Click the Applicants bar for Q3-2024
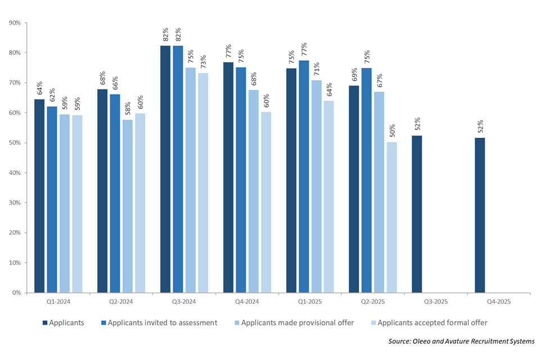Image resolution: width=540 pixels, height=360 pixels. pyautogui.click(x=165, y=169)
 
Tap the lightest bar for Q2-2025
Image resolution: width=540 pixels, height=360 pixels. pyautogui.click(x=391, y=217)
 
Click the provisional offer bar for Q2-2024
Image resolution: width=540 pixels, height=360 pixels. pyautogui.click(x=127, y=206)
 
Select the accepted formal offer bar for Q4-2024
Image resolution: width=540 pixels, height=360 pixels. pyautogui.click(x=265, y=202)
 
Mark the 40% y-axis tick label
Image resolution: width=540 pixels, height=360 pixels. pyautogui.click(x=15, y=173)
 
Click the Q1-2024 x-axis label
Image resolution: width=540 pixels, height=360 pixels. pyautogui.click(x=58, y=302)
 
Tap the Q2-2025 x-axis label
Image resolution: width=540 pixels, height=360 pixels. pyautogui.click(x=372, y=302)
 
